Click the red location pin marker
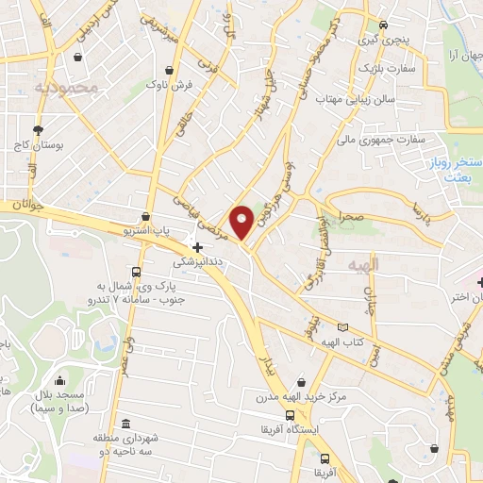click(x=241, y=221)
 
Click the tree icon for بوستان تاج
click(x=37, y=129)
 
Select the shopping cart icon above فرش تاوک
click(x=169, y=69)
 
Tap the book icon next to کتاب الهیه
click(x=342, y=327)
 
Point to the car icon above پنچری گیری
click(x=382, y=25)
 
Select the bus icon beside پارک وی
click(x=138, y=273)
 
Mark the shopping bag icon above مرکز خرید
click(x=300, y=381)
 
